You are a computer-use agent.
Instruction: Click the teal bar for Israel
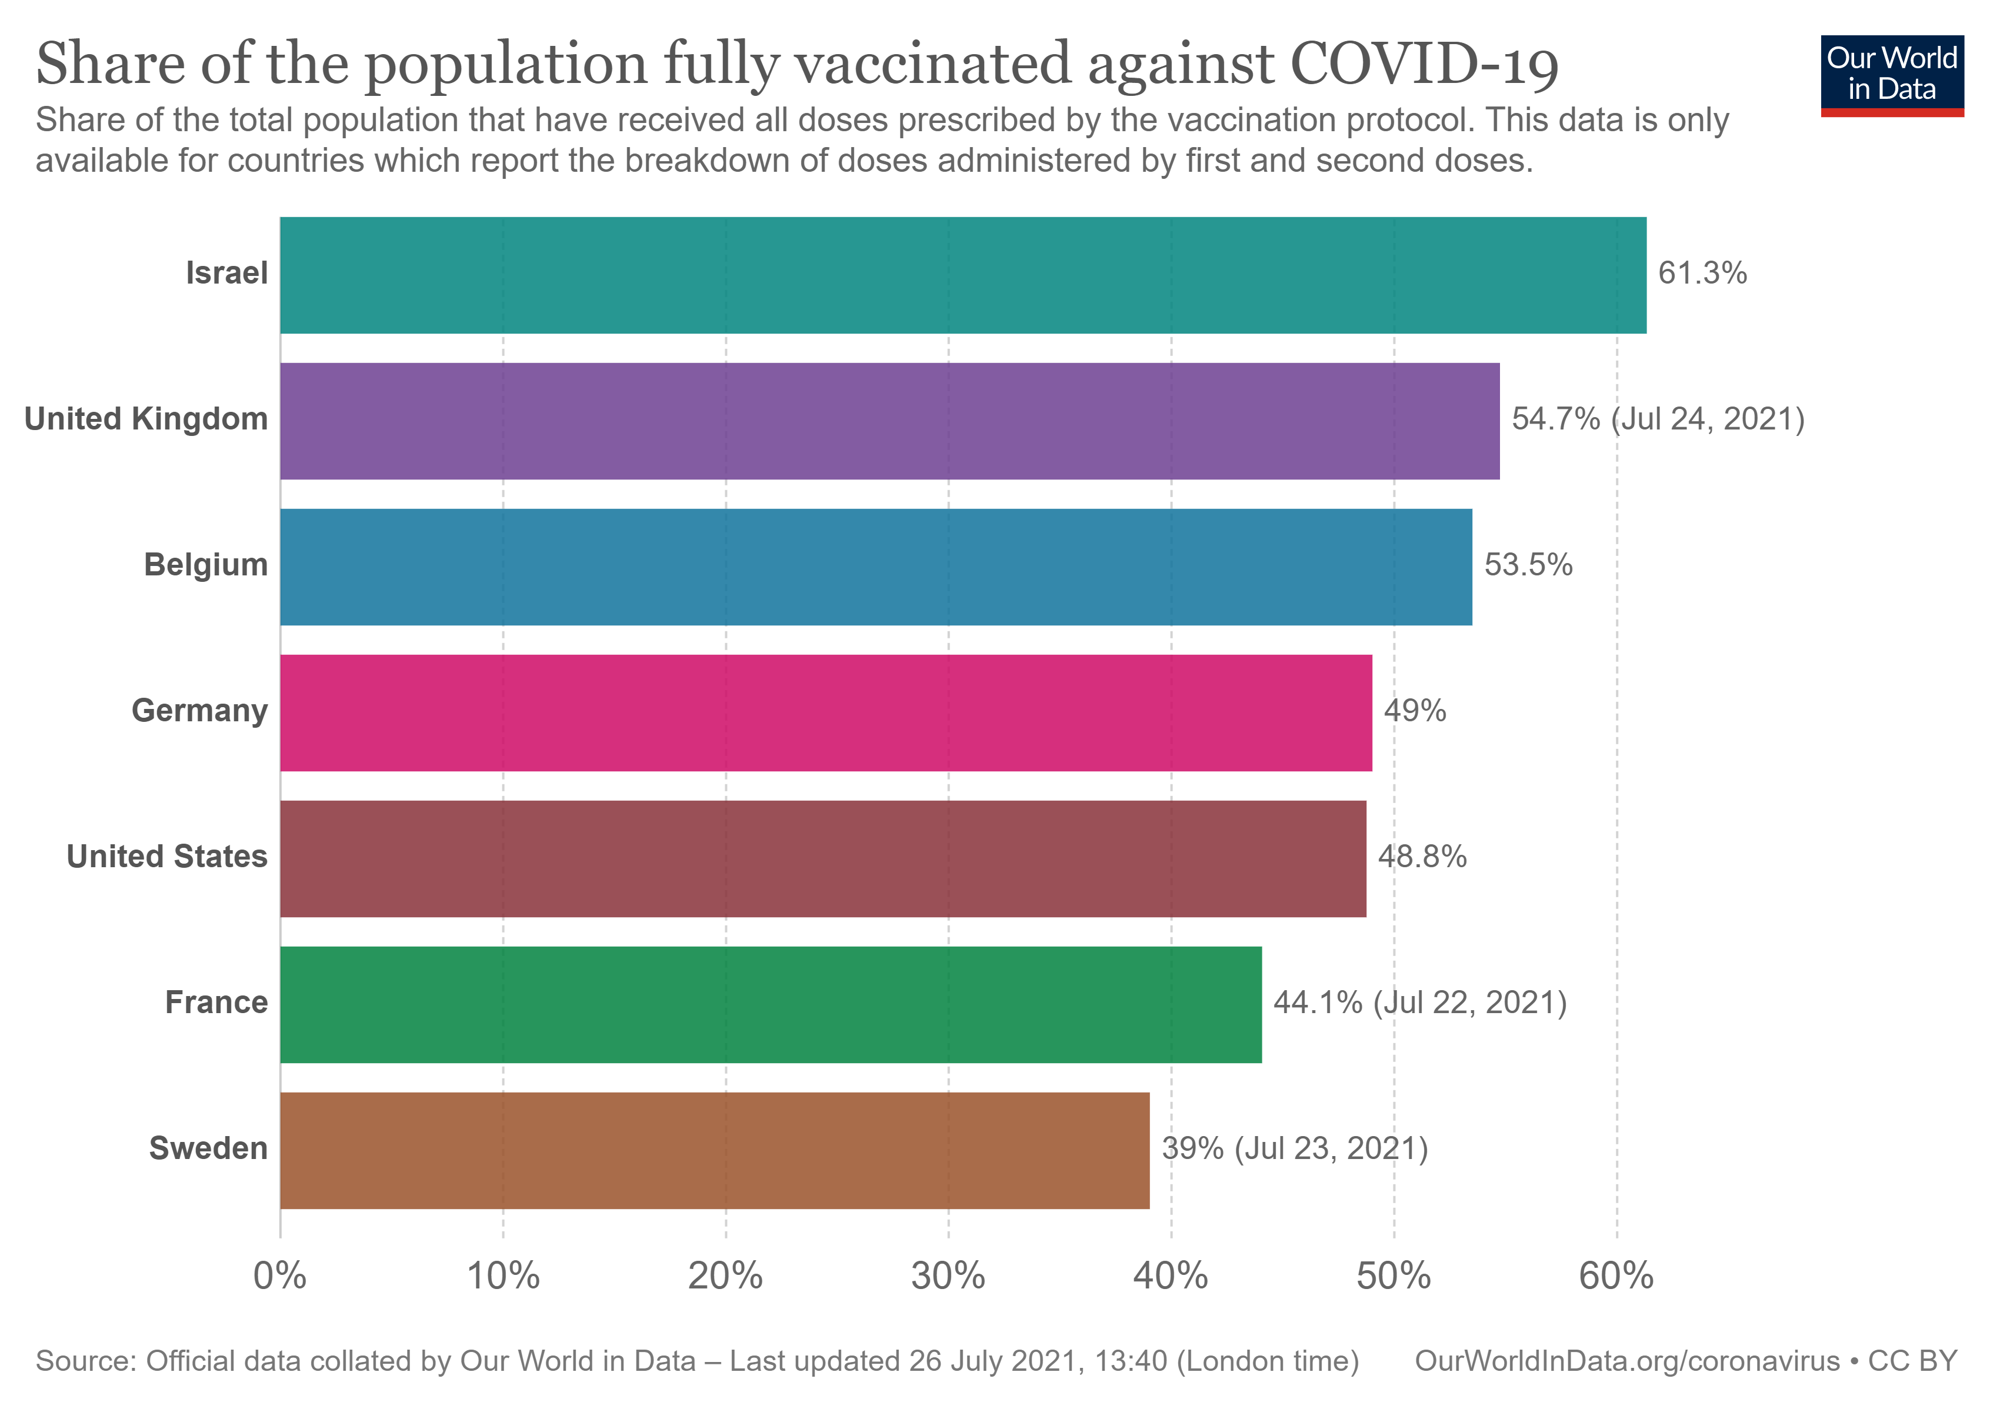(962, 275)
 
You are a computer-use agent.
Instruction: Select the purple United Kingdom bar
(889, 421)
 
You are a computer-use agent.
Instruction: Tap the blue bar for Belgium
(875, 567)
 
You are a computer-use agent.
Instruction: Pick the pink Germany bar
(826, 712)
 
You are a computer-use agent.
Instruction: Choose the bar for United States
(822, 859)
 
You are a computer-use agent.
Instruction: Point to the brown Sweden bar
(714, 1151)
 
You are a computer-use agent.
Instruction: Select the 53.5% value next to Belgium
(1528, 565)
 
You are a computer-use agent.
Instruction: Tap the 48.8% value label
(1422, 857)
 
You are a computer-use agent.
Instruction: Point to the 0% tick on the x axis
(279, 1276)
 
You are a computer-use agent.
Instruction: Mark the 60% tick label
(1616, 1276)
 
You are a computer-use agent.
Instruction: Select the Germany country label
(199, 711)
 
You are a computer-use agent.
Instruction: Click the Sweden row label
(208, 1149)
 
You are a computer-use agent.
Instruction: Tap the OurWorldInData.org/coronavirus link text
(1626, 1361)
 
